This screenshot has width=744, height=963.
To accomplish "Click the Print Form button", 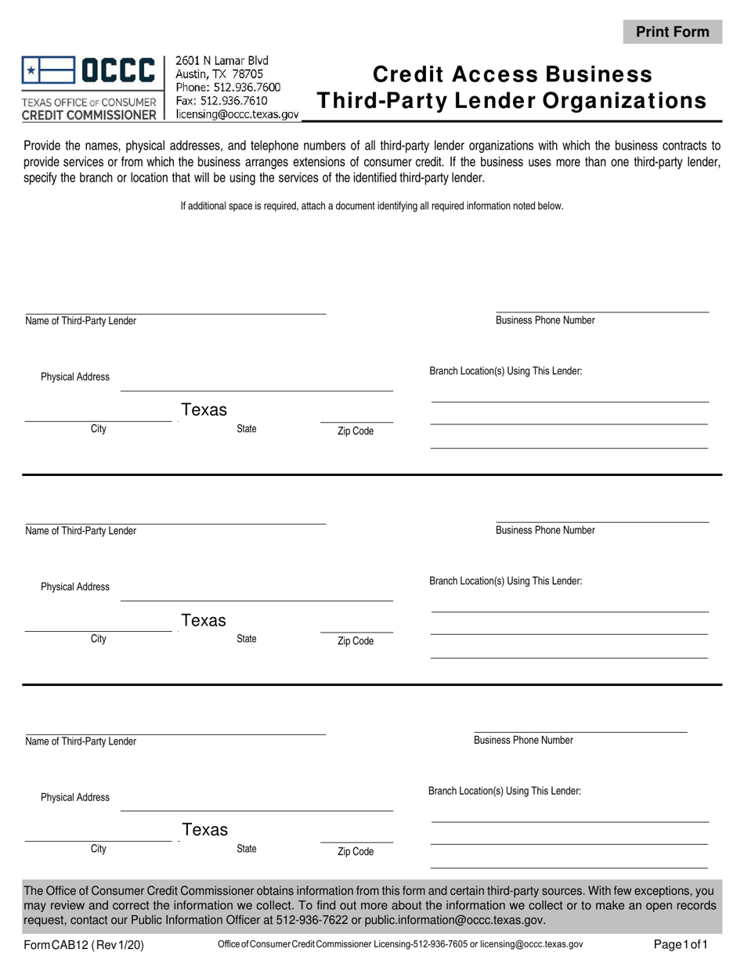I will pos(672,32).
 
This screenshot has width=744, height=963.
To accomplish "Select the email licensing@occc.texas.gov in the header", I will pos(237,114).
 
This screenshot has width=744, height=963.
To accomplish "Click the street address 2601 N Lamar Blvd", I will pos(222,60).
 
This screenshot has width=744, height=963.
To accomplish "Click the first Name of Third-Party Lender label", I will pos(81,321).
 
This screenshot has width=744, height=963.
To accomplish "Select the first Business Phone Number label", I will pos(545,320).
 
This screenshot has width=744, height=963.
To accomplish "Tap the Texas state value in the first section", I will pos(204,409).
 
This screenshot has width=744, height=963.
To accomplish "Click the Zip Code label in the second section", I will pos(356,641).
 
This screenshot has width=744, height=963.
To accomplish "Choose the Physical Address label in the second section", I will pos(75,587).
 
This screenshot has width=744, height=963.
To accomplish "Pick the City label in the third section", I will pos(99,849).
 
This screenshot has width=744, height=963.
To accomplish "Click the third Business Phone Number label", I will pos(523,740).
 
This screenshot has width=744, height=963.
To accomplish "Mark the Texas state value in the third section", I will pos(204,830).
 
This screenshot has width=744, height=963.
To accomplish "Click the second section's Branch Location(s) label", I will pos(505,581).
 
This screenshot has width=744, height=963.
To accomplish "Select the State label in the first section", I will pos(247,429).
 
